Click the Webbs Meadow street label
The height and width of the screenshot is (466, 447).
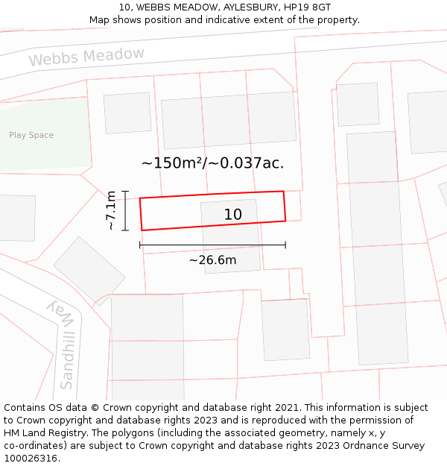(86, 57)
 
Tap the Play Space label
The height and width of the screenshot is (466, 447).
(31, 135)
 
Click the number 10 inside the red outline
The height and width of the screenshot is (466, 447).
(233, 215)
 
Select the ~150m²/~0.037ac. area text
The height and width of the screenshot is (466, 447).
(212, 163)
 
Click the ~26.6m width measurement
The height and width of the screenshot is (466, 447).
(212, 260)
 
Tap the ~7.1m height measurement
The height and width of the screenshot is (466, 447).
(110, 210)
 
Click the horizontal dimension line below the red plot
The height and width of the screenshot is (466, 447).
(212, 245)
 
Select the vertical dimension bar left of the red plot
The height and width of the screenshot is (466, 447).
(126, 210)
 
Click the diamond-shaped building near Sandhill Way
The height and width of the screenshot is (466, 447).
(89, 271)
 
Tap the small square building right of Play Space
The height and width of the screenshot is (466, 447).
(127, 113)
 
